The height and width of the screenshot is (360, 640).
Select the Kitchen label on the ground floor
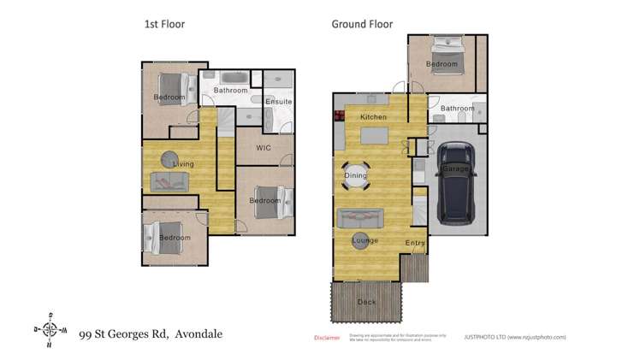[373, 117]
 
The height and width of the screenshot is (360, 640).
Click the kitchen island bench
[375, 136]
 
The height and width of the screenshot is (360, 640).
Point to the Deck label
[366, 302]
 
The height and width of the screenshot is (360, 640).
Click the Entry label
[415, 244]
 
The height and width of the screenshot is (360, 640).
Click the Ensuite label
[278, 102]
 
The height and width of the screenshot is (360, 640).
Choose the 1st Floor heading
[164, 25]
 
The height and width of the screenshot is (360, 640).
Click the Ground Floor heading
[362, 25]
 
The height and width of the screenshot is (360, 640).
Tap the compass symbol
[50, 330]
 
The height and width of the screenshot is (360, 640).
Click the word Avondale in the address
[198, 334]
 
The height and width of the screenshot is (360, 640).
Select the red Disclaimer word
[328, 338]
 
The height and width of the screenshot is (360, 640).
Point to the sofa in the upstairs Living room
[170, 181]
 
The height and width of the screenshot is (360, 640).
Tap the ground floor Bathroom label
[457, 109]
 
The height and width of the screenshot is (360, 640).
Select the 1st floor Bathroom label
[230, 91]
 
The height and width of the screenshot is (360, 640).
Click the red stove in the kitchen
[338, 117]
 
